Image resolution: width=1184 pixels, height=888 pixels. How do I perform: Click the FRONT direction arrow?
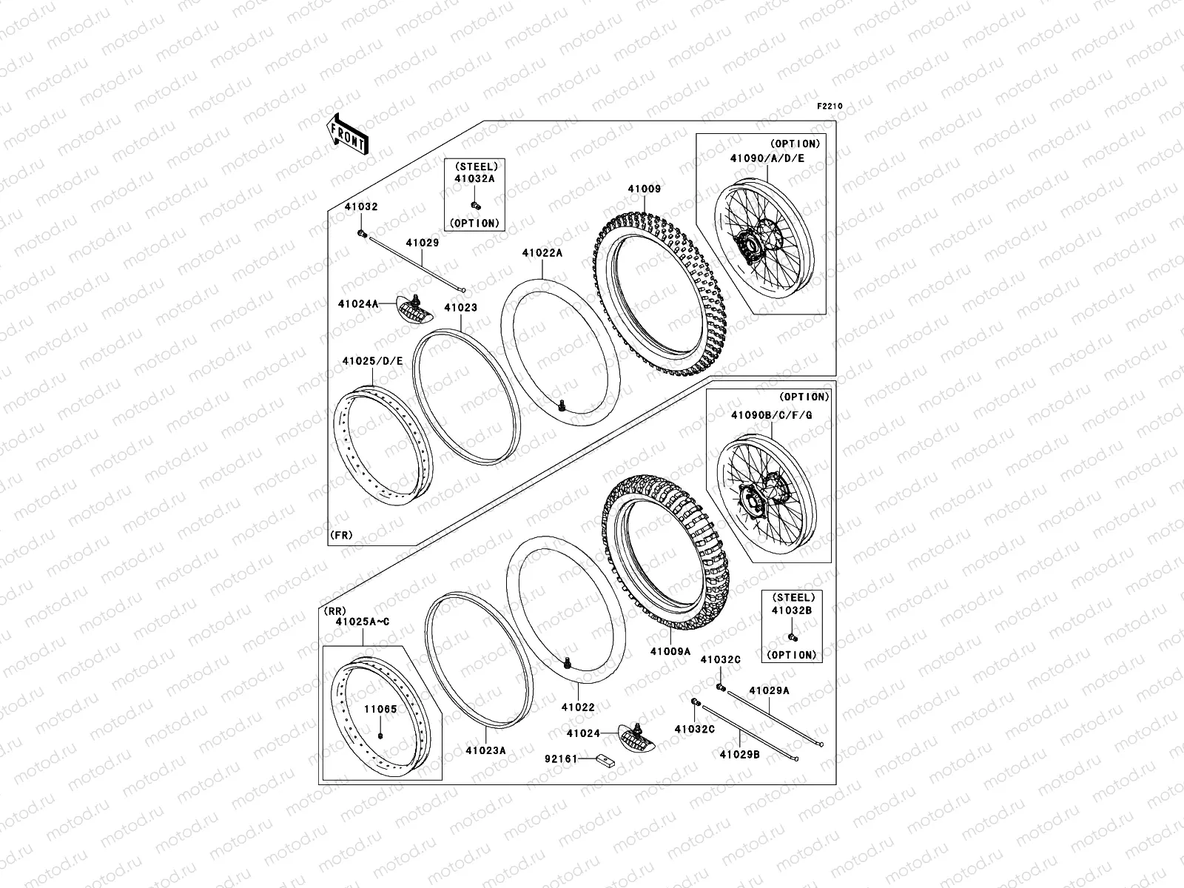click(347, 135)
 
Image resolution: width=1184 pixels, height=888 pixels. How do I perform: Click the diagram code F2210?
click(829, 107)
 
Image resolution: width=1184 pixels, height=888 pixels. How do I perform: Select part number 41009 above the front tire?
click(644, 189)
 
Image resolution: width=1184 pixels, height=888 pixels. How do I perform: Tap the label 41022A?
click(542, 253)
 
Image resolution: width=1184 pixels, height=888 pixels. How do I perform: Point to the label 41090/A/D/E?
click(767, 158)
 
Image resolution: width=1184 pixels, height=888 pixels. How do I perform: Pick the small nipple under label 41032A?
click(475, 206)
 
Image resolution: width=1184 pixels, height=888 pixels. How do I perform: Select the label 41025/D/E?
click(373, 361)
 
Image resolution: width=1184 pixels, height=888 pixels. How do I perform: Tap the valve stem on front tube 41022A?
click(562, 405)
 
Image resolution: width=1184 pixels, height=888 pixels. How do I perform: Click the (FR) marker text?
click(341, 535)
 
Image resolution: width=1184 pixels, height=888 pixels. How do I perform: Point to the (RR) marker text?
click(334, 611)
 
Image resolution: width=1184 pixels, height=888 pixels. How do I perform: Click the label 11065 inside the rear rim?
click(380, 709)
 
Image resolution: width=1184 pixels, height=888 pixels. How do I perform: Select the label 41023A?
click(486, 750)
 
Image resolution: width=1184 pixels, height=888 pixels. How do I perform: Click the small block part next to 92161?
click(605, 761)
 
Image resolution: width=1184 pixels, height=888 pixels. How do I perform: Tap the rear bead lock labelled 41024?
click(637, 738)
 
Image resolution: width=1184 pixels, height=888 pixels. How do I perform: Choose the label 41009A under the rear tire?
click(670, 651)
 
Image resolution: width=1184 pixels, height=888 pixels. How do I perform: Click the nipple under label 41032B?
click(793, 637)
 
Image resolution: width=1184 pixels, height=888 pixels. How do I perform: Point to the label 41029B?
click(739, 755)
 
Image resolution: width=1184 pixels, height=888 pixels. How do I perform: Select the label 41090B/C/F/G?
click(771, 415)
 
